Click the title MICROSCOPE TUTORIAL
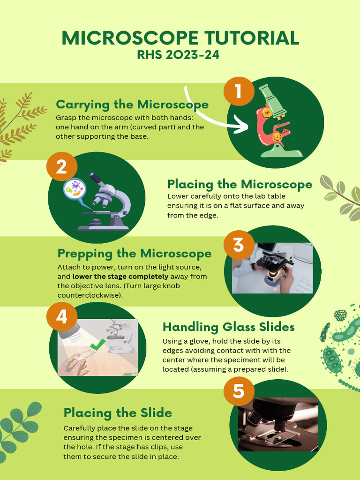pyautogui.click(x=180, y=38)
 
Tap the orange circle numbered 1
pyautogui.click(x=238, y=91)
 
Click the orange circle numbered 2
pyautogui.click(x=61, y=167)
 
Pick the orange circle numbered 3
pyautogui.click(x=239, y=245)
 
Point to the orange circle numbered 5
pyautogui.click(x=239, y=391)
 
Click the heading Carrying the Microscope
pyautogui.click(x=132, y=104)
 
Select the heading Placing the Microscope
pyautogui.click(x=240, y=184)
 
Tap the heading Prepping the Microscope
pyautogui.click(x=134, y=254)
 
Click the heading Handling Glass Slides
pyautogui.click(x=228, y=327)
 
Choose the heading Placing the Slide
pyautogui.click(x=118, y=412)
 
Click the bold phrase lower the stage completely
pyautogui.click(x=120, y=277)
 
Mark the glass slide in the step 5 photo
pyautogui.click(x=280, y=438)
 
